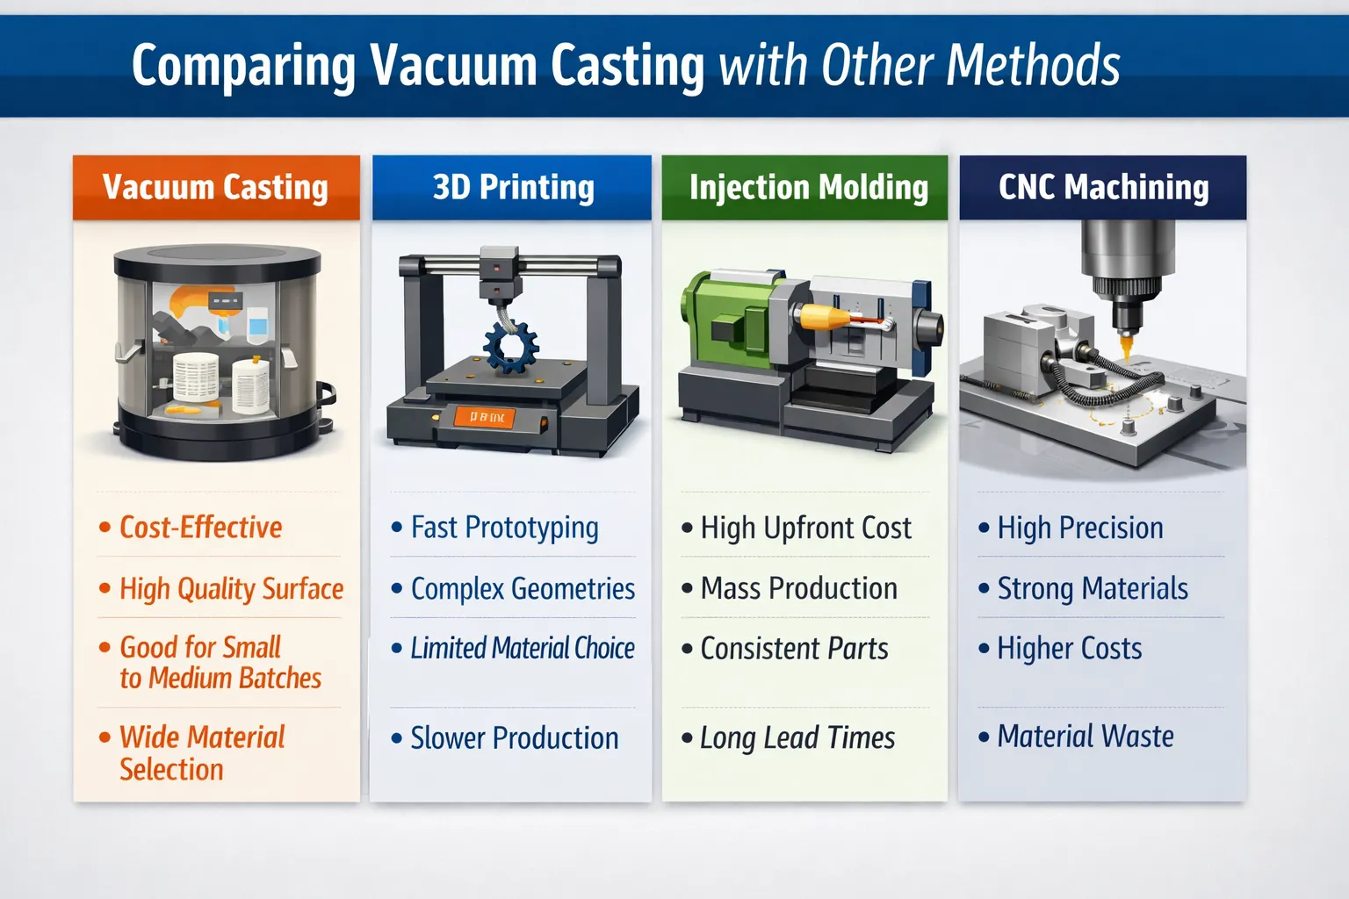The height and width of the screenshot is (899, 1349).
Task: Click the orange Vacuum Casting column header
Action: click(216, 187)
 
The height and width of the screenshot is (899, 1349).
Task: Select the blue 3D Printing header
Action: click(512, 187)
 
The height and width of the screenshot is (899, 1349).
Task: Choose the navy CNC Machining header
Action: click(1103, 187)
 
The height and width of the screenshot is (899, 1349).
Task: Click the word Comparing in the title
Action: click(243, 67)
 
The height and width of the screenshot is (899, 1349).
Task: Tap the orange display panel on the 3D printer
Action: click(485, 418)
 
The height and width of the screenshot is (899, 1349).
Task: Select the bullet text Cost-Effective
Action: click(200, 528)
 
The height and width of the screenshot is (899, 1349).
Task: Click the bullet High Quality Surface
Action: click(231, 588)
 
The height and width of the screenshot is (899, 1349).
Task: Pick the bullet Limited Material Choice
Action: click(522, 649)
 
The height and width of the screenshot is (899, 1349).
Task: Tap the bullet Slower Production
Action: click(514, 738)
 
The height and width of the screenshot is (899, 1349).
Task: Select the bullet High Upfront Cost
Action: click(805, 529)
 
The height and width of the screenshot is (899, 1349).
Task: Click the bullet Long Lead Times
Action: click(797, 738)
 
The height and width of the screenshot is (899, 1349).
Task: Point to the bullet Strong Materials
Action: click(1092, 588)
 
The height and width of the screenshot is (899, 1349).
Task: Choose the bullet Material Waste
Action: click(1085, 737)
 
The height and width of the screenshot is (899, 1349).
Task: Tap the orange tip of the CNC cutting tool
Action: click(1126, 349)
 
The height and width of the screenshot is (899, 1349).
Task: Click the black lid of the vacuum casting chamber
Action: click(217, 260)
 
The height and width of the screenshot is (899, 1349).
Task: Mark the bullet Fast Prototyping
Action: click(504, 528)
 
